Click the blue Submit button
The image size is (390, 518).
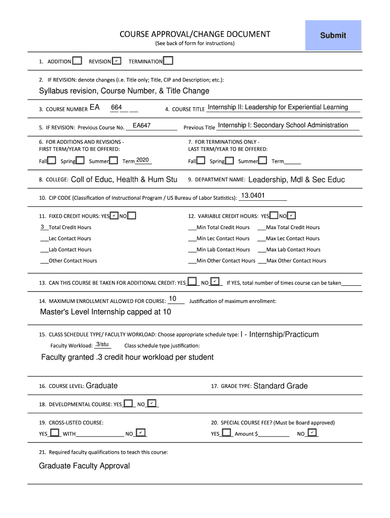click(x=333, y=35)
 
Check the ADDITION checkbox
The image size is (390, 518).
click(x=77, y=61)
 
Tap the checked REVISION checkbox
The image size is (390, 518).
click(x=116, y=61)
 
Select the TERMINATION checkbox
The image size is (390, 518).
click(x=168, y=61)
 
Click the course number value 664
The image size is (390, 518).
click(x=116, y=108)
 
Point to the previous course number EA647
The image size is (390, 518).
click(x=142, y=125)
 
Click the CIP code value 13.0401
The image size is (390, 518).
click(x=253, y=196)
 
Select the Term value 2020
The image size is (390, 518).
click(x=142, y=160)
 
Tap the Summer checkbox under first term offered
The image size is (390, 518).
click(x=113, y=161)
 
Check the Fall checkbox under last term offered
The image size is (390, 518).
click(x=201, y=161)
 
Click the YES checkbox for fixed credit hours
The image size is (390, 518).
click(x=114, y=216)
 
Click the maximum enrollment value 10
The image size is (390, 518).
click(x=173, y=299)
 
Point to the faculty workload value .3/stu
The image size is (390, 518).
click(x=102, y=344)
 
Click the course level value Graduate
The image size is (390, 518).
click(x=102, y=386)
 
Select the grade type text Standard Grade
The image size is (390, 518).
click(x=280, y=386)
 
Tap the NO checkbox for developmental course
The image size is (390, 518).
click(x=152, y=404)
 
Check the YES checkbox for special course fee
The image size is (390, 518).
click(x=226, y=433)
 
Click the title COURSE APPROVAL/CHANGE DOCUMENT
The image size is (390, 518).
click(x=194, y=34)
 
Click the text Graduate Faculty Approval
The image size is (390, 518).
click(x=85, y=466)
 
